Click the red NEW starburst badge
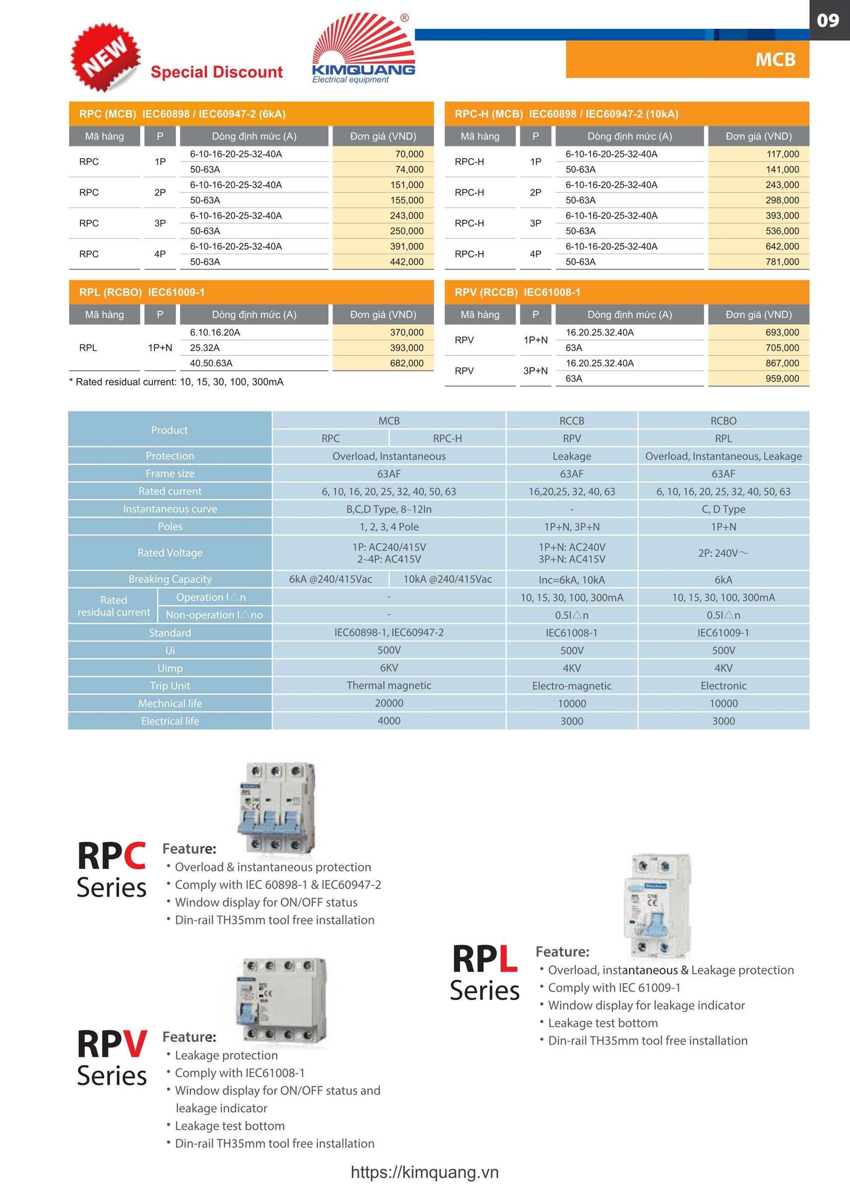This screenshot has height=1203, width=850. tap(106, 57)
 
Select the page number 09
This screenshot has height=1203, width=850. tap(828, 20)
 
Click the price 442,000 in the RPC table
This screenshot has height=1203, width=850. tap(406, 262)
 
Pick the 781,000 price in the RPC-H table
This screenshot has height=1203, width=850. tap(782, 262)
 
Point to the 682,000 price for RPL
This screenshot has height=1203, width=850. tap(406, 363)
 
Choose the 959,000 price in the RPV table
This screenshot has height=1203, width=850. tap(782, 378)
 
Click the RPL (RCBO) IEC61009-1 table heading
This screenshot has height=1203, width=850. tap(142, 292)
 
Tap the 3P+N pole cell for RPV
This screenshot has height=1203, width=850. tap(535, 370)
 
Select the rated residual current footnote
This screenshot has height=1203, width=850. tap(177, 382)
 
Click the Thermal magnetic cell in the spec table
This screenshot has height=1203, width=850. tap(389, 685)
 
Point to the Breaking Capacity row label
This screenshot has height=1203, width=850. tap(170, 579)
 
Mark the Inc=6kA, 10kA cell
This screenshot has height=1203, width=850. tap(571, 579)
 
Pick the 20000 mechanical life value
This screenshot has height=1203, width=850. tap(389, 703)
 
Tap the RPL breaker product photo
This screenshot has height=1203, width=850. tap(658, 906)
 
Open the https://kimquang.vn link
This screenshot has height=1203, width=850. tap(424, 1172)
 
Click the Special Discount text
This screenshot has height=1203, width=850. tap(216, 72)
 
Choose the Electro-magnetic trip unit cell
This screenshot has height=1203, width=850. tap(571, 686)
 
